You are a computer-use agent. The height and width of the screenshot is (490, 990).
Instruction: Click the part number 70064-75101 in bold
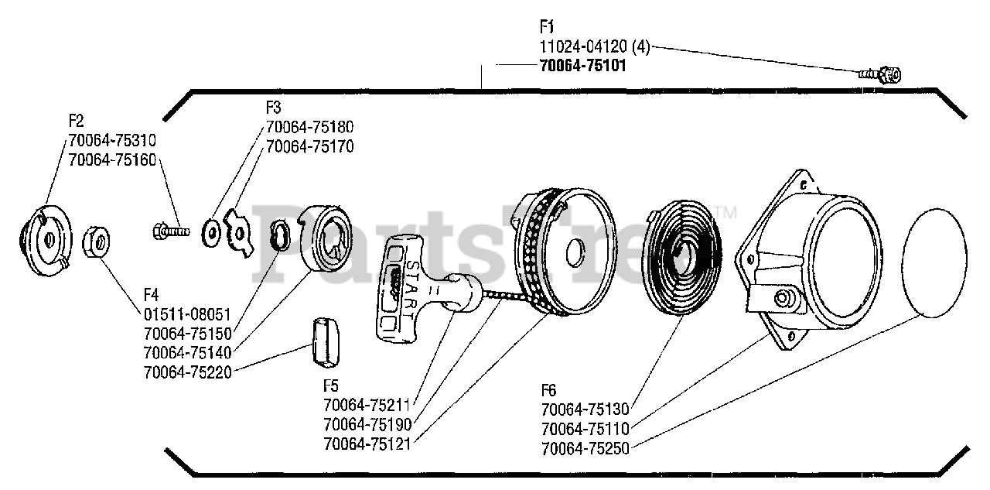(582, 66)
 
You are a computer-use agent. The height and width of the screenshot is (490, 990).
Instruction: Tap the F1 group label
(547, 26)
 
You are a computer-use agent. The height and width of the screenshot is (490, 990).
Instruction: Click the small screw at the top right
(882, 74)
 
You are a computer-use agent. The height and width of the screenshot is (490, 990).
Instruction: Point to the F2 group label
(76, 122)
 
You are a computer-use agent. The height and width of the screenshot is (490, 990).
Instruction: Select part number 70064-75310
(112, 141)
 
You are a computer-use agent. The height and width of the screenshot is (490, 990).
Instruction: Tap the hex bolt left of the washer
(171, 229)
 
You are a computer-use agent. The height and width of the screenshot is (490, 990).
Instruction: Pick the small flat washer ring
(210, 231)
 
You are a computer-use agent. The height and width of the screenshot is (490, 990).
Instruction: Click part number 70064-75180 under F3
(309, 127)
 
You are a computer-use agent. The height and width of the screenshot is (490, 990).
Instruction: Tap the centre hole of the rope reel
(575, 252)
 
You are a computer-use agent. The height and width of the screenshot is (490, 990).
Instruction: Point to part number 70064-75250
(585, 447)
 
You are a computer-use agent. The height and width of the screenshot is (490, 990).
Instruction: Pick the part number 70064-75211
(367, 406)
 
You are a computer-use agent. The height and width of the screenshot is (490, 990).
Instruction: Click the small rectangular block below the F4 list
(328, 343)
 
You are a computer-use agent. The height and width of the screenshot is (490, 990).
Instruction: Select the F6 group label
(548, 391)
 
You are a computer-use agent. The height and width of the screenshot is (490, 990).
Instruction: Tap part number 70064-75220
(188, 372)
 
